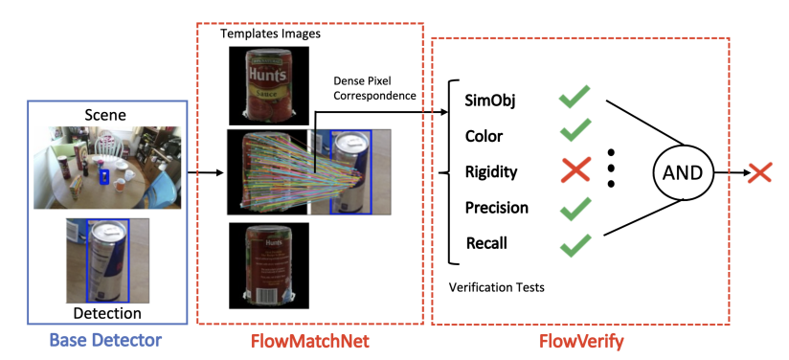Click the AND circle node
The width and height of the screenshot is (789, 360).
click(683, 172)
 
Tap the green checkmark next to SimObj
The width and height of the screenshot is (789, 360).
click(575, 97)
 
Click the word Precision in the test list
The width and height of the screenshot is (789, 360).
click(497, 208)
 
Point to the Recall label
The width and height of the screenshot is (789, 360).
click(486, 243)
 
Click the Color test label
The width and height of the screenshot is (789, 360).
click(485, 136)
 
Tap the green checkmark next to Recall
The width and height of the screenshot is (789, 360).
click(575, 245)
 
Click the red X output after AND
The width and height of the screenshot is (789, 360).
click(759, 172)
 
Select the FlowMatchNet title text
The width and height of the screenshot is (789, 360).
click(310, 341)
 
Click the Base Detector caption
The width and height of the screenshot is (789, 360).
click(105, 340)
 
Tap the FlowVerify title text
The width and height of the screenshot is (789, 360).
click(581, 342)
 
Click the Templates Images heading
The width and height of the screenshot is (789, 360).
click(270, 34)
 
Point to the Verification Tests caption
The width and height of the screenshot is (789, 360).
click(497, 287)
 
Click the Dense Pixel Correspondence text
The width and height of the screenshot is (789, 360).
click(375, 88)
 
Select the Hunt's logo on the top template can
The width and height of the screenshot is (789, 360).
click(267, 76)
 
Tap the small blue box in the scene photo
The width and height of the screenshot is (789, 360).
click(104, 176)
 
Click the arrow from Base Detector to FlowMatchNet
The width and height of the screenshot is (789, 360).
click(205, 173)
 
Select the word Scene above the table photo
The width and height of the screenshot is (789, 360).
click(105, 115)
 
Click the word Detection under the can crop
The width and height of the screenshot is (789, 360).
click(107, 313)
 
